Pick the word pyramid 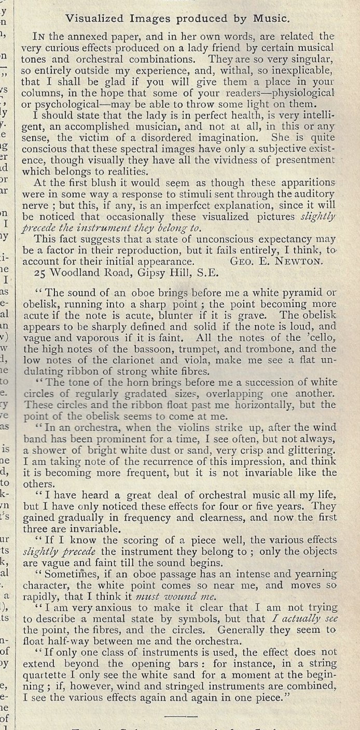(x=298, y=292)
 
